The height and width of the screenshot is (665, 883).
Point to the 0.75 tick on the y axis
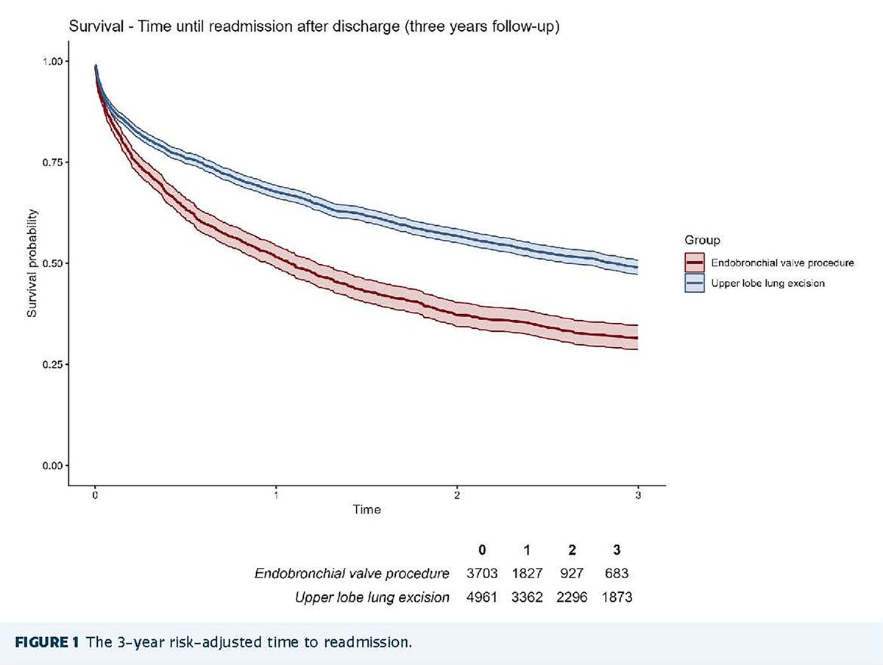click(x=55, y=162)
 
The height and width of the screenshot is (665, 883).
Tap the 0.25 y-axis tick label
click(x=55, y=364)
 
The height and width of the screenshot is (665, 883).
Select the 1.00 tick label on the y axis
click(x=55, y=61)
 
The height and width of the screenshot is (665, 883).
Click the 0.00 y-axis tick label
click(x=55, y=465)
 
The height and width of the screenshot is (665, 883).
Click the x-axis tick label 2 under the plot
click(x=457, y=496)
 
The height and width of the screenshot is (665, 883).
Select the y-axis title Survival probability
click(x=32, y=263)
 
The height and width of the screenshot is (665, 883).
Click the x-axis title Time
click(x=366, y=510)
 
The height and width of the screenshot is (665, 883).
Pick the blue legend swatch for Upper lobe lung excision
click(x=694, y=282)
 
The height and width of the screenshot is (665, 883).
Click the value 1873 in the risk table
click(x=617, y=597)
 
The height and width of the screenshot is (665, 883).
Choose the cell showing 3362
click(x=527, y=597)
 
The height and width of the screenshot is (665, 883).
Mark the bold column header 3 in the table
click(x=617, y=550)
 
